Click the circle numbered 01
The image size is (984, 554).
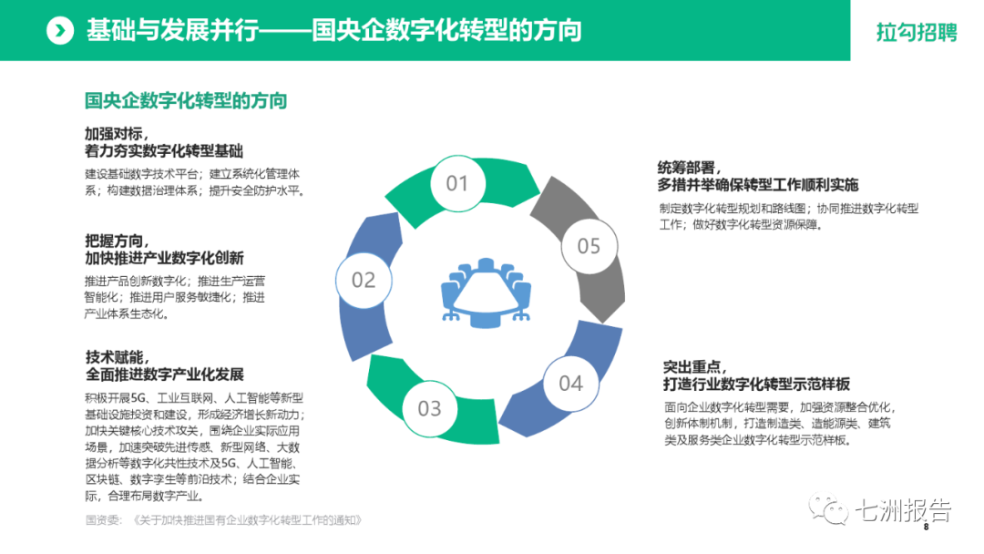pos(456,184)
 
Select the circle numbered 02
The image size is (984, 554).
pos(364,280)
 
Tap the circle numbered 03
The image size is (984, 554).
pos(429,408)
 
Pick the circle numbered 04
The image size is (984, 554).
pos(570,383)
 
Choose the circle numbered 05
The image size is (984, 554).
pos(589,246)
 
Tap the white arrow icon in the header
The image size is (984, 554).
pos(60,31)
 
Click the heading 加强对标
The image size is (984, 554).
pos(116,133)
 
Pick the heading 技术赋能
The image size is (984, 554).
pos(116,356)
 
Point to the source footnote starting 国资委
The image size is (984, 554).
pos(223,520)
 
